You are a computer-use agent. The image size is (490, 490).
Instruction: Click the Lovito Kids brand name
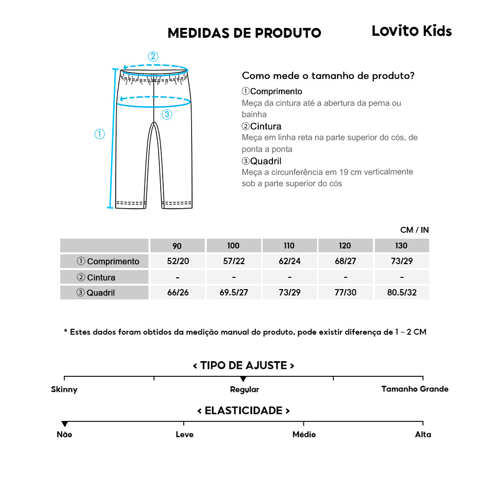point(412,31)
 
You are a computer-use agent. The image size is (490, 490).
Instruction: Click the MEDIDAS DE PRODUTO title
point(244,33)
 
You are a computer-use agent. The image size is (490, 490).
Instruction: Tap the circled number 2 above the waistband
point(153,56)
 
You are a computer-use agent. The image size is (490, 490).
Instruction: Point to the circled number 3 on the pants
point(167,114)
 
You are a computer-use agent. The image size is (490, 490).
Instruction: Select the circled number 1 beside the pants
point(99,134)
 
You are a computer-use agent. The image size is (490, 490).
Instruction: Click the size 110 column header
point(290,245)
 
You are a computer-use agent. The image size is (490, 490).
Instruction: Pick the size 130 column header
point(401,245)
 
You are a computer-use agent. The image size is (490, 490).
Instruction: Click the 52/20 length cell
point(177,261)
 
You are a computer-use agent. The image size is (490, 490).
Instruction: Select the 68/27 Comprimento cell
point(345,261)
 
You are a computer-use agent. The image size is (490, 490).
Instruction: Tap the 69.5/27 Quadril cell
point(234,293)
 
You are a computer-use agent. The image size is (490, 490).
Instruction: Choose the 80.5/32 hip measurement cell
point(401,293)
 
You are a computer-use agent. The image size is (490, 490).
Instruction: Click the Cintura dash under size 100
point(234,277)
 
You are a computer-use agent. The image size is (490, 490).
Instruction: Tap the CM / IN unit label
point(414,230)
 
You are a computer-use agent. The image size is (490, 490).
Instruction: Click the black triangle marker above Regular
point(244,379)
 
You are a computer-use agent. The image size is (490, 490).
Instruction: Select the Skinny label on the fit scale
point(64,390)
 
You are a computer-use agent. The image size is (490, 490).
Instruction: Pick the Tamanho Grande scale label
point(415,389)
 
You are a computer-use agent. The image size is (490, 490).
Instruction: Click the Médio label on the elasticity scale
point(304,435)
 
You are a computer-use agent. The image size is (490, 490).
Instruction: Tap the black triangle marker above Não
point(64,424)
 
